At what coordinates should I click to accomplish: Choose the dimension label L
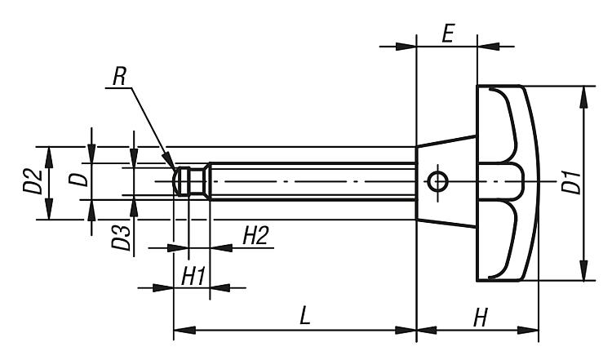coord(304,317)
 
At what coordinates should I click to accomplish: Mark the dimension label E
coord(446,35)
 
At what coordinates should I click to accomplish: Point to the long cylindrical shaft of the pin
coord(310,180)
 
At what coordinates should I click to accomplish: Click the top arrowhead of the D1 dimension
coord(583,94)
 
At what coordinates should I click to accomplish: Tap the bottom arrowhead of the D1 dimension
coord(583,273)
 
